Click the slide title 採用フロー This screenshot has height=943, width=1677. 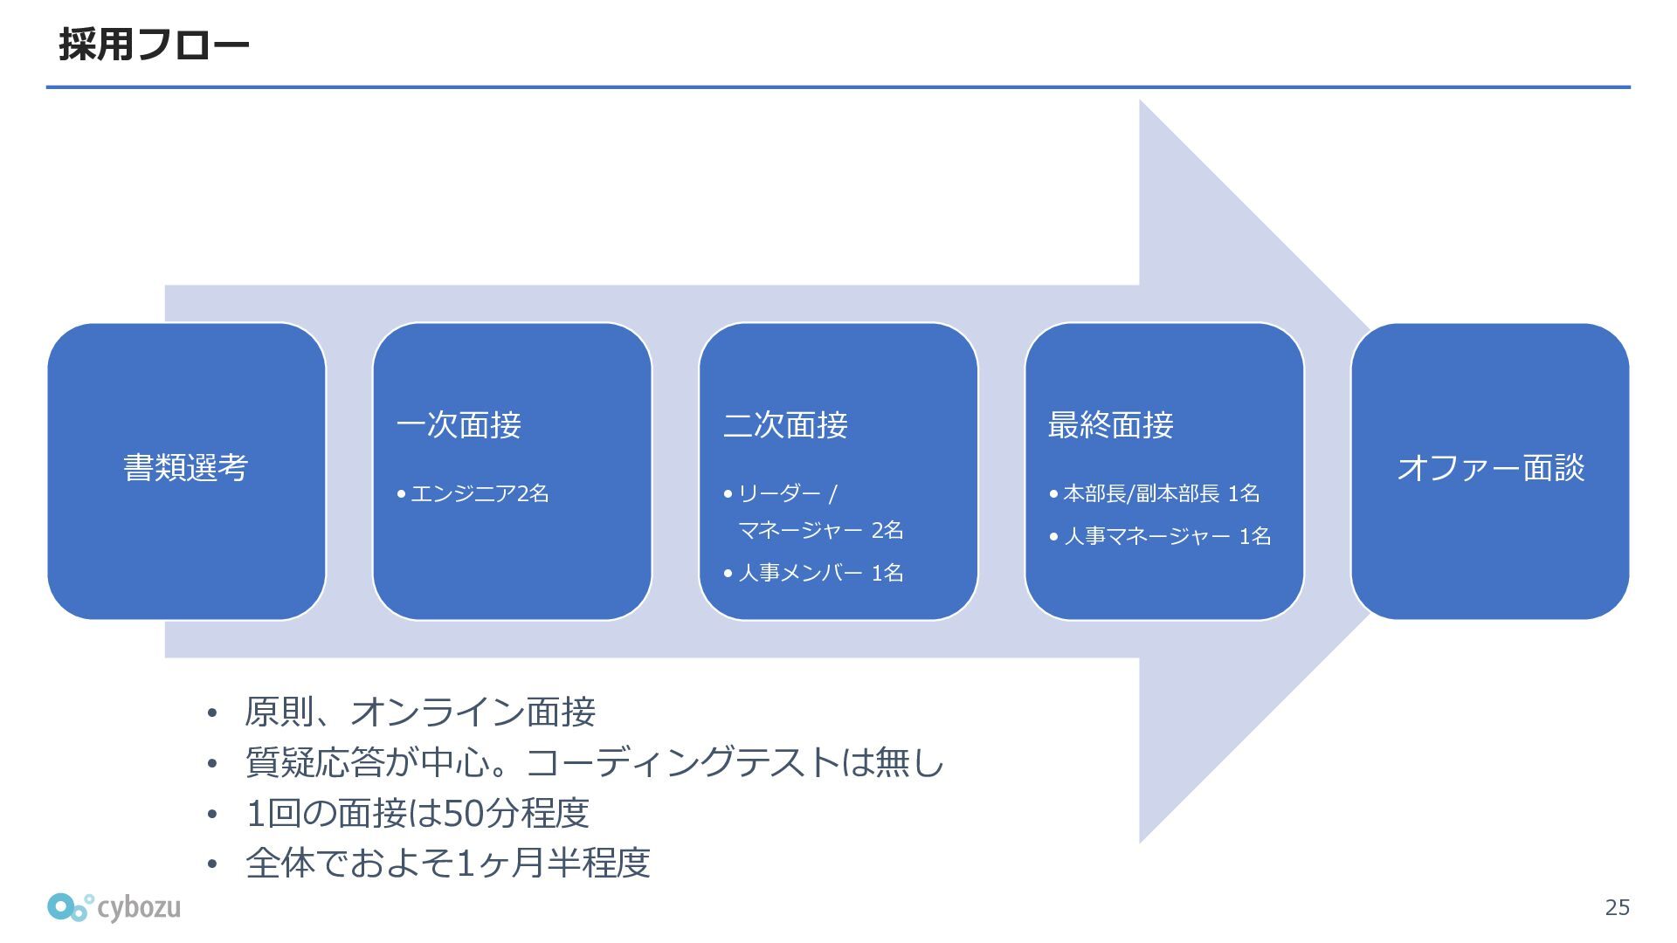coord(154,45)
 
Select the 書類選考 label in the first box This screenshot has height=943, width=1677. coord(186,468)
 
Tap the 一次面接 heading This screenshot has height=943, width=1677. coord(459,425)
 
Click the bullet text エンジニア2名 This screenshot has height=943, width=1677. coord(479,494)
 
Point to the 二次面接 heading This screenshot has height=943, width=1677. coord(785,425)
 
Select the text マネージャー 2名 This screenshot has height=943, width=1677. coord(820,530)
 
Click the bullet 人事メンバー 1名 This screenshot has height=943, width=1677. coord(820,573)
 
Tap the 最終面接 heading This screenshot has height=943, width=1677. coord(1110,425)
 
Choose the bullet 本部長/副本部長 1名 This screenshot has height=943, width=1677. coord(1161,494)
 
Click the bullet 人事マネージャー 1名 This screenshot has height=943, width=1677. coord(1167,536)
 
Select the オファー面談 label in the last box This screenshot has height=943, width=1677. coord(1490,468)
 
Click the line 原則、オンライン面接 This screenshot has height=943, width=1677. coord(420,712)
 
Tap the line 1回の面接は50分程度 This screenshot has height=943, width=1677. coord(418,814)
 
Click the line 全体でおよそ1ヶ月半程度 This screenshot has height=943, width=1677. coord(448,864)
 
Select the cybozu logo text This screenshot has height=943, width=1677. coord(139,907)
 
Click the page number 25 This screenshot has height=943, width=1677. coord(1617,908)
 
